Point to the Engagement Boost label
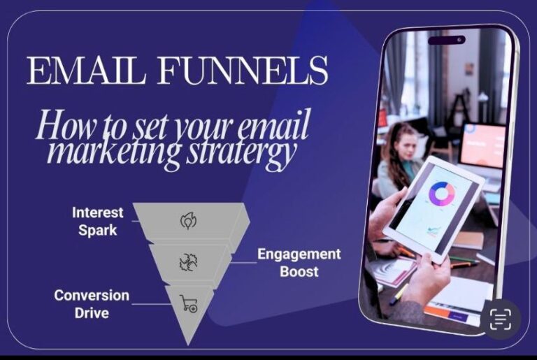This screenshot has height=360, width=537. click(x=299, y=262)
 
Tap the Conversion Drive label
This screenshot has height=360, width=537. click(x=92, y=303)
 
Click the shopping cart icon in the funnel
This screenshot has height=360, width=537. click(x=189, y=303)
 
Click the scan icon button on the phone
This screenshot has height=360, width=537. click(x=499, y=319)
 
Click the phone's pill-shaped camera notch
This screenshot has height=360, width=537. click(x=446, y=41)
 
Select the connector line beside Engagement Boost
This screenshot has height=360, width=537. click(x=241, y=263)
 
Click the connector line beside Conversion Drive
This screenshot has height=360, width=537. click(x=150, y=303)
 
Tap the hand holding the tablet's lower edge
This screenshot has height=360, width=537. click(x=427, y=276)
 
